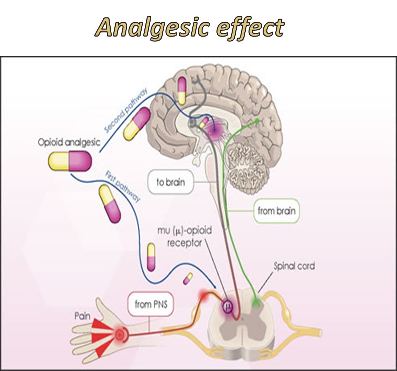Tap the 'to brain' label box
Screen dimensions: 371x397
coord(171,182)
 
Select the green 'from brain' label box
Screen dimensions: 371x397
coord(276,210)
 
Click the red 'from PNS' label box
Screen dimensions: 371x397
coord(149,304)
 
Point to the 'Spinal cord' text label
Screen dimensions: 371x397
coord(294,266)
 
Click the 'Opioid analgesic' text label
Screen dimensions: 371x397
coord(69,142)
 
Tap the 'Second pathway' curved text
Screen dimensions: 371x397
coord(126,111)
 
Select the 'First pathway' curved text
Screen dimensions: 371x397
coord(123,186)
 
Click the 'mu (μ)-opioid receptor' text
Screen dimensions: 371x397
coord(185,237)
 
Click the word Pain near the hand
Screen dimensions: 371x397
coord(82,315)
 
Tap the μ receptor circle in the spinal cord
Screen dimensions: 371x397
coord(227,305)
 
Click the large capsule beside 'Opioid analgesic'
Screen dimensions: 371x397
coord(70,162)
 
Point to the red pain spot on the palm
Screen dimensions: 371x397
coord(120,334)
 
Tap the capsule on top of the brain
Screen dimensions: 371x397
coord(182,91)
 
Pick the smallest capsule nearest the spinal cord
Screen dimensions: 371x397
coord(188,278)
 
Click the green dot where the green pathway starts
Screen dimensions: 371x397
coord(257,121)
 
